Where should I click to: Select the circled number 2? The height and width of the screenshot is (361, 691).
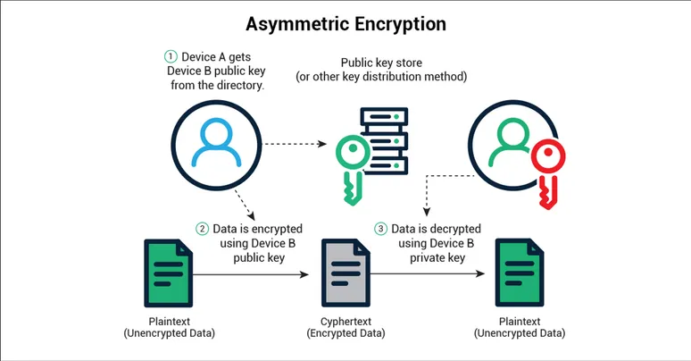204,230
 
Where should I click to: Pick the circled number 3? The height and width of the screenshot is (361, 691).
381,230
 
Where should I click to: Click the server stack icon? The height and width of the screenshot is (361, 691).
385,142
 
